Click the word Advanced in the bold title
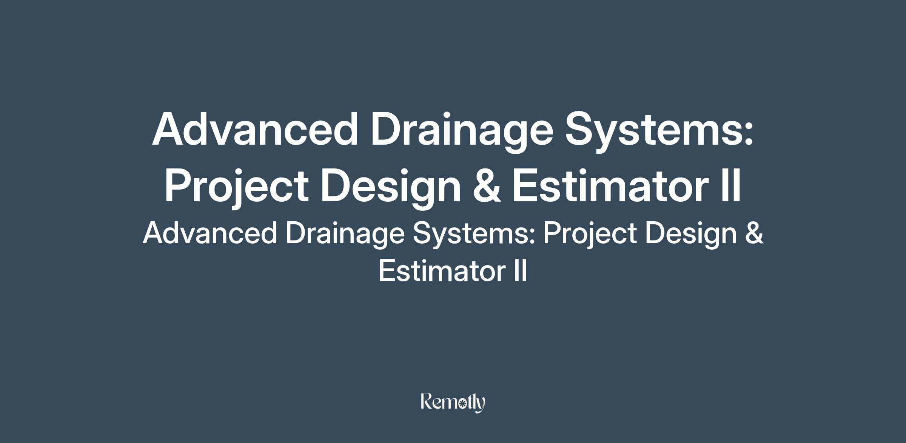[254, 128]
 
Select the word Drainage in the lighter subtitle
[345, 235]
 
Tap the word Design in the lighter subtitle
[691, 235]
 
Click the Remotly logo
[453, 403]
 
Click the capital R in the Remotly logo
[427, 401]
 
